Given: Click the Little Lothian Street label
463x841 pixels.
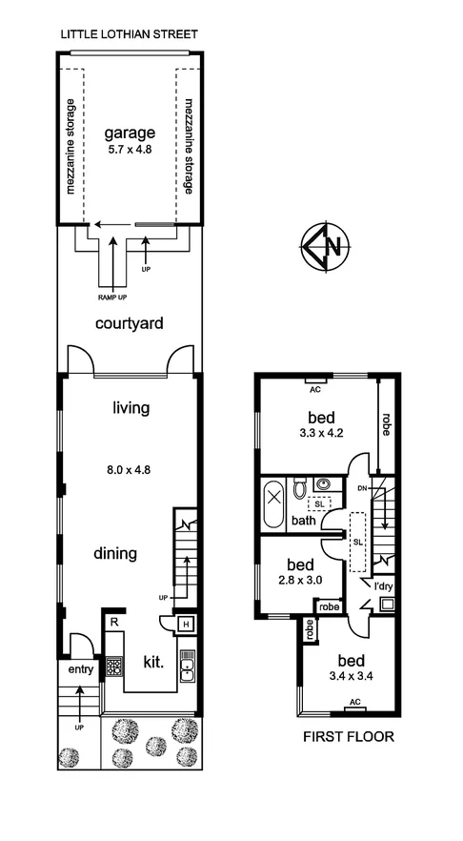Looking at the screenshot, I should (129, 34).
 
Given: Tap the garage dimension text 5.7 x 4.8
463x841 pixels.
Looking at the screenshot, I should (129, 150).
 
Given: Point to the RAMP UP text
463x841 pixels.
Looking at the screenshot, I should (113, 295).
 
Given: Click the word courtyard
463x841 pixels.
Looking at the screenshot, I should (129, 323).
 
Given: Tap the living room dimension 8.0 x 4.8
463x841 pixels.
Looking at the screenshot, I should (129, 468).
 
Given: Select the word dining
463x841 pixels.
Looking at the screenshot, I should (114, 552).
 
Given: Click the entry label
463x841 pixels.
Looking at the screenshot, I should (81, 669).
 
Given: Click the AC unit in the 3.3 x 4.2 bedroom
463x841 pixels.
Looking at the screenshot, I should (313, 389).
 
